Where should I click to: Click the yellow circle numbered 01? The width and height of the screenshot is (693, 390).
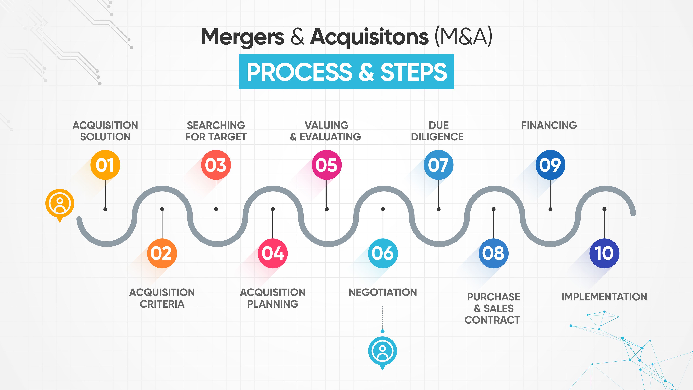105,165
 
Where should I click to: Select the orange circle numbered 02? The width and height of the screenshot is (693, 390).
162,253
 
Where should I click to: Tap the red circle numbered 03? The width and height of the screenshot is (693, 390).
216,165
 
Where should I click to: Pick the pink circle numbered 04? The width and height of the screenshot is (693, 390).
272,253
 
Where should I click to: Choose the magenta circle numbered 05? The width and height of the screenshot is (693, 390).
327,165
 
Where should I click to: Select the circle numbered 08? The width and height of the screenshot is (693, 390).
493,253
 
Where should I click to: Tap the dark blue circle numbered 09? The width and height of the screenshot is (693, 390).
550,165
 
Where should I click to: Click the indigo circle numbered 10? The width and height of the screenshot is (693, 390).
604,253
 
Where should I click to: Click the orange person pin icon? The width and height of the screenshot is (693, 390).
60,204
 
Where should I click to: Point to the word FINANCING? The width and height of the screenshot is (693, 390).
549,125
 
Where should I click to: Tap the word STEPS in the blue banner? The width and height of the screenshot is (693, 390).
413,72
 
